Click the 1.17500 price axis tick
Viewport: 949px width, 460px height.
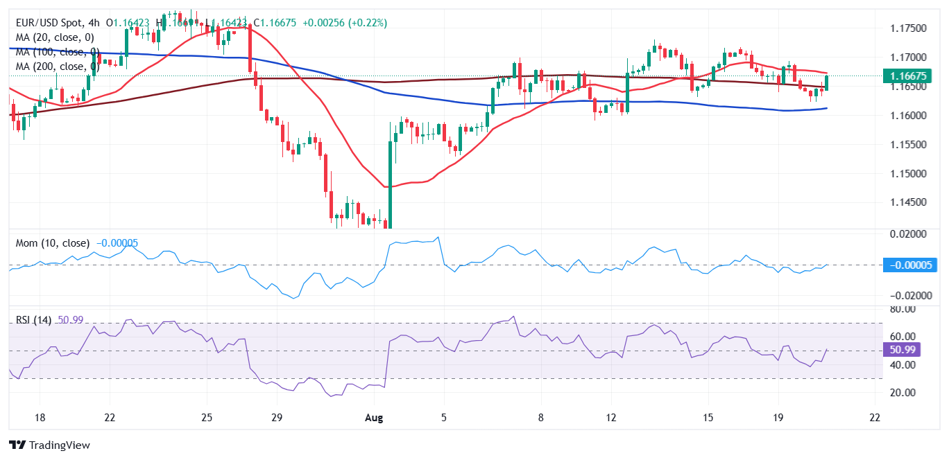tap(909, 28)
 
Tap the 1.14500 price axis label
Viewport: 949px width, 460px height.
tap(909, 202)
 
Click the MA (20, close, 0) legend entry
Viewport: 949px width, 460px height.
tap(55, 37)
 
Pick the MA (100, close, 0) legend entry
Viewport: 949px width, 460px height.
tap(58, 52)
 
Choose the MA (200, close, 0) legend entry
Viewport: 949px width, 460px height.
tap(58, 67)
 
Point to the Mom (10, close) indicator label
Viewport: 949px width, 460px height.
tap(53, 243)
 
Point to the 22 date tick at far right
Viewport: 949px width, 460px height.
tap(875, 418)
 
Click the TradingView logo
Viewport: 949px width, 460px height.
tap(49, 445)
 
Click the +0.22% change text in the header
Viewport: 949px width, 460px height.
tap(370, 23)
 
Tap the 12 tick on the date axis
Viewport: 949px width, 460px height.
tap(610, 418)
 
